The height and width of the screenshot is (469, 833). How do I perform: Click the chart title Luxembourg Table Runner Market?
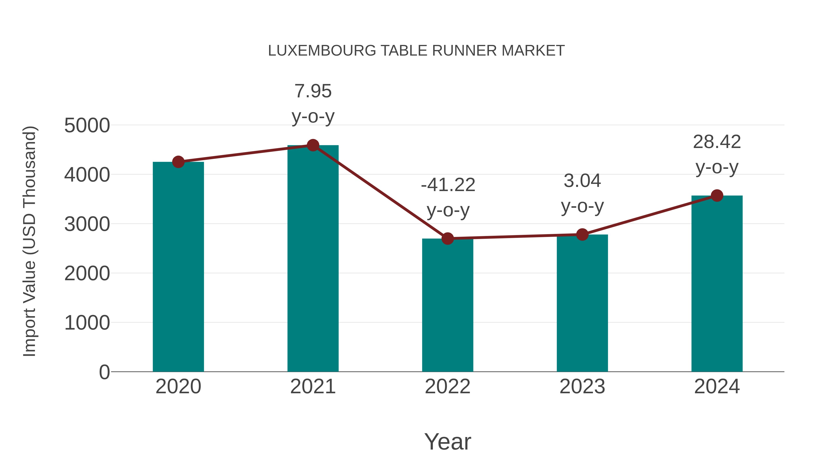416,51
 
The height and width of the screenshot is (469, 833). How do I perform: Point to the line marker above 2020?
178,162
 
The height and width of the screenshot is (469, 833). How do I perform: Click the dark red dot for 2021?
313,145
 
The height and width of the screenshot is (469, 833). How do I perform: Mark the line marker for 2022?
448,239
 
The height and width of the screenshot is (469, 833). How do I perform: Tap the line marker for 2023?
582,235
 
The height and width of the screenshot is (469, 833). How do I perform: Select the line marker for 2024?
717,195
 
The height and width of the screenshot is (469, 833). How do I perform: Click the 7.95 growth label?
313,91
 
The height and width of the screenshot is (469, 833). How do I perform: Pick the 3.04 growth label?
582,181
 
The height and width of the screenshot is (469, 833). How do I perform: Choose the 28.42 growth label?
717,142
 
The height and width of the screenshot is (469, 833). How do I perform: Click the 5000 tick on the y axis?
87,125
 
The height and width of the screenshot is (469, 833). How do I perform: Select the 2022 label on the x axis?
448,387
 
